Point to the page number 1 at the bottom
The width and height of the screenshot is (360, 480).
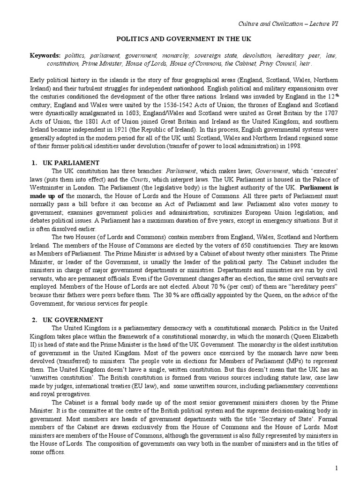[x=336, y=469]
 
